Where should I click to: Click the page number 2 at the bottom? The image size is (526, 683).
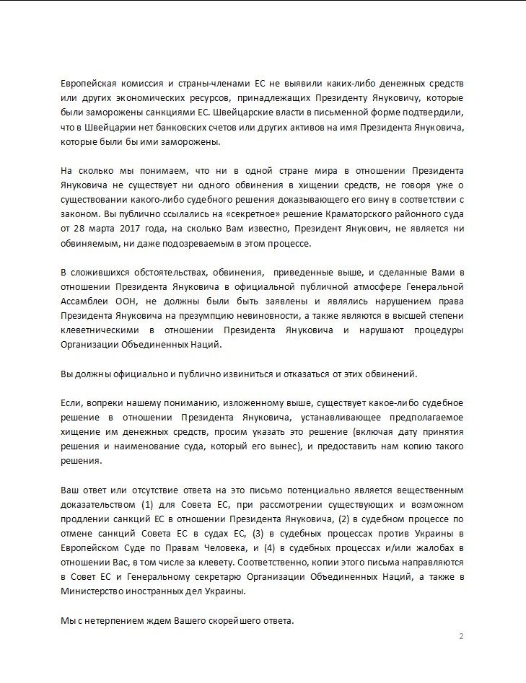coord(461,636)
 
